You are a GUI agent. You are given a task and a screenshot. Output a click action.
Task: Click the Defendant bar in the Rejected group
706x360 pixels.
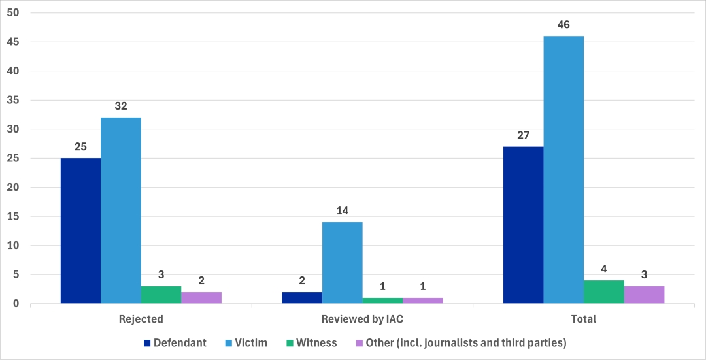[x=80, y=231]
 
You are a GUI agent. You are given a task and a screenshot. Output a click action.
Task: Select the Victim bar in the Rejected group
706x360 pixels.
[x=121, y=210]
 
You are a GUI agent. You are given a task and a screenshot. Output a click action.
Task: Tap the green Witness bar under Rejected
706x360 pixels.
[x=161, y=295]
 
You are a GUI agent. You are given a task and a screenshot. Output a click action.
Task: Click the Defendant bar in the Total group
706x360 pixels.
[x=523, y=225]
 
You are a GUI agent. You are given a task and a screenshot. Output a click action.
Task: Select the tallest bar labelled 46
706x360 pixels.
[x=563, y=170]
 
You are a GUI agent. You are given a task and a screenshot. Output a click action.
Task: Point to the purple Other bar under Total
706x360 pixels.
[x=644, y=295]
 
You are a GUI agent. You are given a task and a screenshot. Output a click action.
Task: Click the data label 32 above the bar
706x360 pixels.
[x=121, y=106]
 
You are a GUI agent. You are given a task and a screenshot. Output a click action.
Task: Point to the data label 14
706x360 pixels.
[x=342, y=210]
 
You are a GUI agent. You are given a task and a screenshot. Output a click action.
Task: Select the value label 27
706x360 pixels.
[x=523, y=135]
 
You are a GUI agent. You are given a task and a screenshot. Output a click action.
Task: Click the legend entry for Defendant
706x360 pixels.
[x=175, y=342]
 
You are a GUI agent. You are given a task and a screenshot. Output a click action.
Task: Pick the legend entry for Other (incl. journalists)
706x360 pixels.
[x=458, y=342]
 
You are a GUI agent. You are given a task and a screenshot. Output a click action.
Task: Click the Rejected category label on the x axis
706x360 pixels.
[x=141, y=319]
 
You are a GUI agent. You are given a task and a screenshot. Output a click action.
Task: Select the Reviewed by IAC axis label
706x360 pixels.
[x=362, y=319]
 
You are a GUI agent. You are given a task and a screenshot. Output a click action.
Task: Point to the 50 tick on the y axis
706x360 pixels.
[x=13, y=13]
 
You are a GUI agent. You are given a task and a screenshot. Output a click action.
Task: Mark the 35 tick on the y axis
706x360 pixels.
[x=13, y=100]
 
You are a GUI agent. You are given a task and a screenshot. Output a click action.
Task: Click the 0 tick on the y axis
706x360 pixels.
[x=16, y=304]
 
